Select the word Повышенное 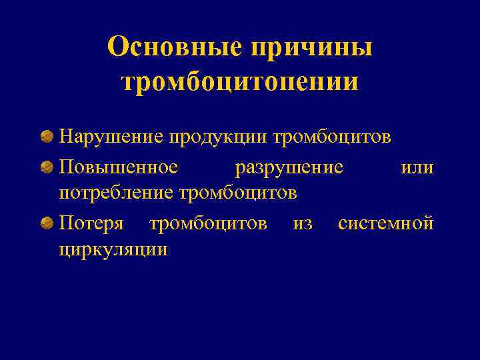coord(119,167)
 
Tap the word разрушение coord(289,167)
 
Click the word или coord(417,167)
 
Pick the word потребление coord(117,193)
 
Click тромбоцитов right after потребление coord(238,193)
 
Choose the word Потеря coord(91,222)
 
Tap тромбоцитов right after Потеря coord(208,222)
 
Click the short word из coord(303,222)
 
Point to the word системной coord(386,222)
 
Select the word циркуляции coord(113,249)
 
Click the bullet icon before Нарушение coord(47,137)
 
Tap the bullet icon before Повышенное coord(47,167)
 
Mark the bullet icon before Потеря coord(47,222)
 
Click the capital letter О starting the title coord(119,47)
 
